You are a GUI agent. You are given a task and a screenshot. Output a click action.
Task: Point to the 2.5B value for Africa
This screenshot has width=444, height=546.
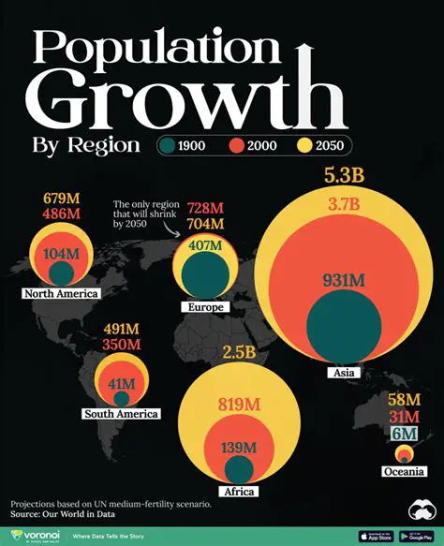(x=239, y=353)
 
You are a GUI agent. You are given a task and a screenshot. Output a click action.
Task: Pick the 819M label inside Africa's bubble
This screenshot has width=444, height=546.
(x=239, y=405)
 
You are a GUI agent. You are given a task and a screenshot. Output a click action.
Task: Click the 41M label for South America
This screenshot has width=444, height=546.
(x=122, y=383)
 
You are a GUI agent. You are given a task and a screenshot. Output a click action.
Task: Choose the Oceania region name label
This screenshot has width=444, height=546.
(x=406, y=474)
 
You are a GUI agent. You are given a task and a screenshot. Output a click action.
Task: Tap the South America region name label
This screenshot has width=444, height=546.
(x=122, y=413)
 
